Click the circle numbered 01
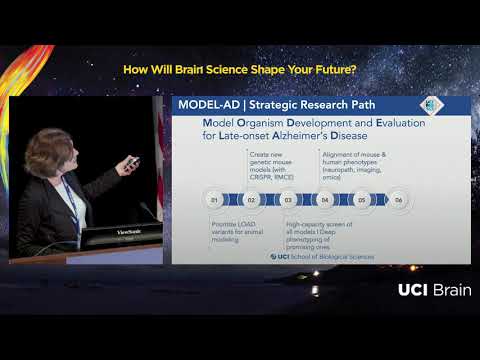click(x=213, y=200)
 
